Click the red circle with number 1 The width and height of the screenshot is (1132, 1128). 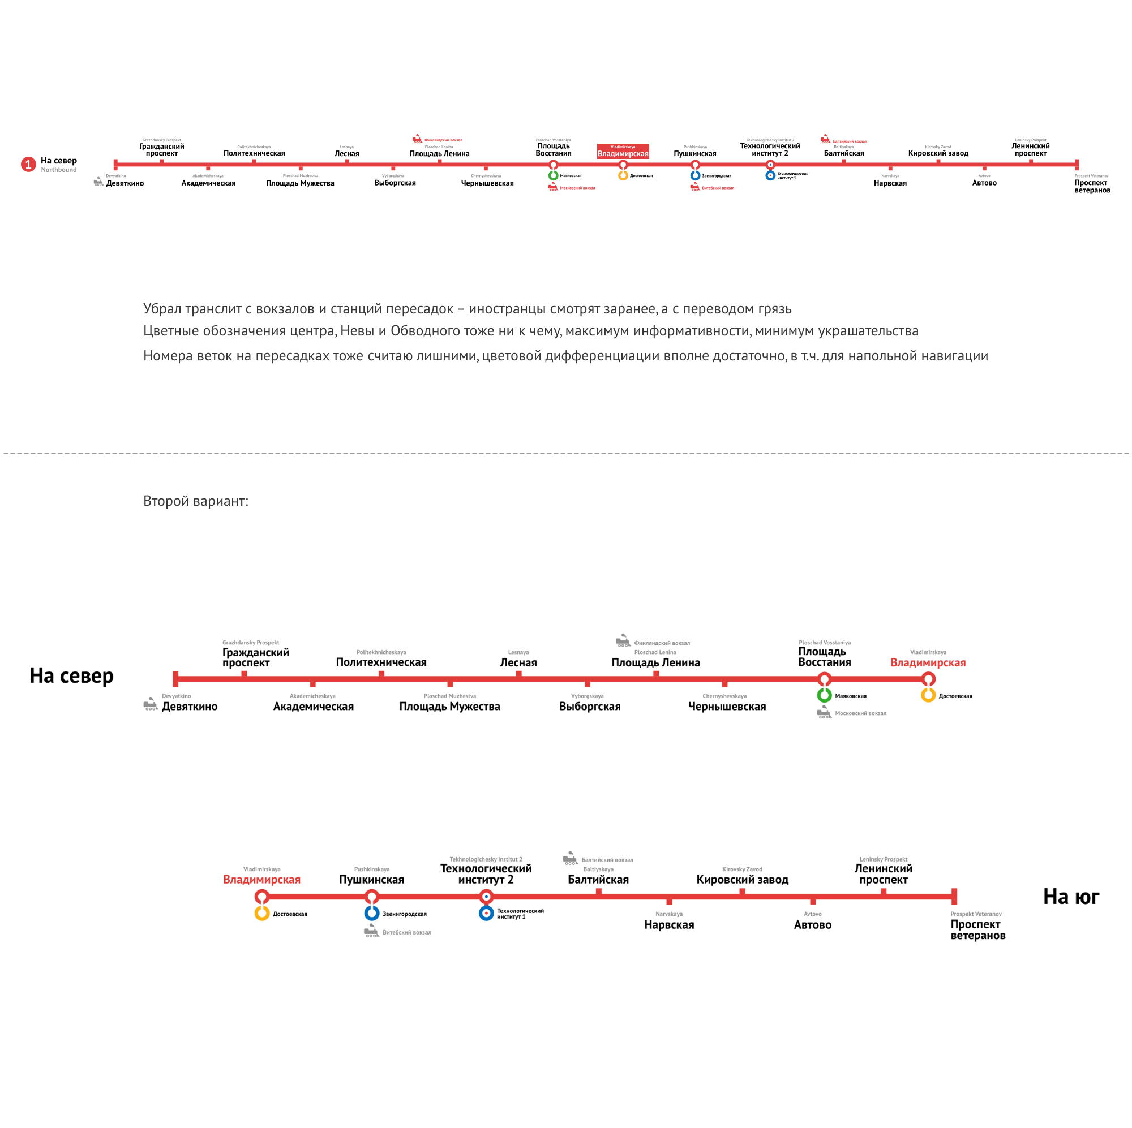point(28,165)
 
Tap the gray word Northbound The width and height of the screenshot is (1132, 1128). point(59,170)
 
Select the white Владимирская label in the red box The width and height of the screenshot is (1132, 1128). point(622,153)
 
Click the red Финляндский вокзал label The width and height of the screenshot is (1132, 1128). point(443,140)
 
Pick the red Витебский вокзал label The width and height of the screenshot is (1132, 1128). point(718,188)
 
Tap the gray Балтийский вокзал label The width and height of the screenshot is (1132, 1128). point(607,860)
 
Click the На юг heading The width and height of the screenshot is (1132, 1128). point(1070,897)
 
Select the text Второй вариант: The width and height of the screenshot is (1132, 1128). point(196,501)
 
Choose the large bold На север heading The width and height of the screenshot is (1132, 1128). point(71,675)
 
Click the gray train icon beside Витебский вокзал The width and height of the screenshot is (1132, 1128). point(371,931)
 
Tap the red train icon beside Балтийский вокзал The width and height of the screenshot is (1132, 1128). point(825,139)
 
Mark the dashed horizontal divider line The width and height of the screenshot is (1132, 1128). point(566,453)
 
